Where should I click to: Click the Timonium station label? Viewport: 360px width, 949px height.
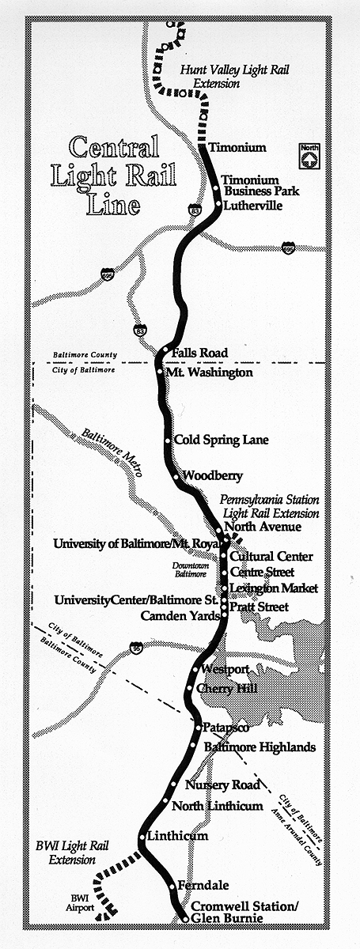pyautogui.click(x=237, y=148)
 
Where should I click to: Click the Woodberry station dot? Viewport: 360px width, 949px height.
pyautogui.click(x=176, y=477)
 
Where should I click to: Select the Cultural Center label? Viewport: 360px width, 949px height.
pyautogui.click(x=271, y=557)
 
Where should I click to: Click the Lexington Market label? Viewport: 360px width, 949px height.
pyautogui.click(x=273, y=588)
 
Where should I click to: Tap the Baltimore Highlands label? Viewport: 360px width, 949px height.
pyautogui.click(x=260, y=747)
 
